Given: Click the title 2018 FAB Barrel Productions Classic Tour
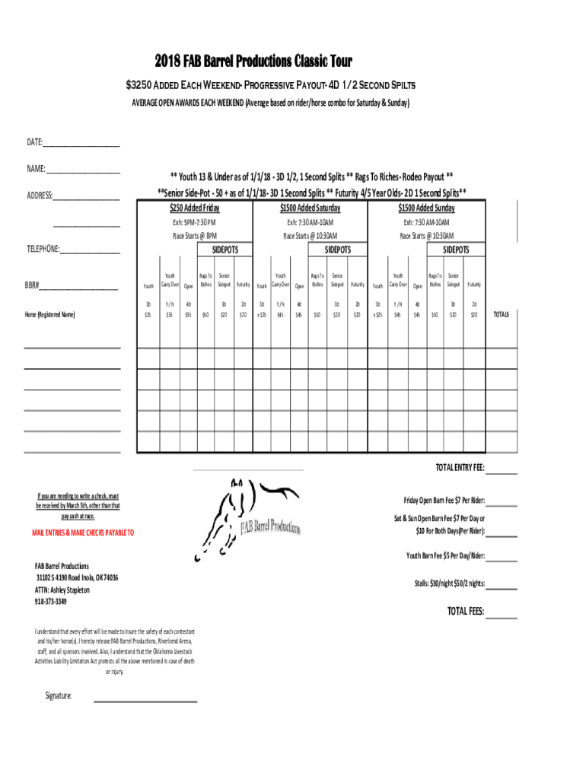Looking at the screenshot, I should (253, 62).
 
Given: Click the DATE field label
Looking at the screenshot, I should (35, 142).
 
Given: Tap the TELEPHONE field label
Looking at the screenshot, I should (43, 250).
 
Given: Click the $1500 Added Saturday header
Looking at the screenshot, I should (310, 208).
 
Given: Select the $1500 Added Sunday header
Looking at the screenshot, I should (426, 208).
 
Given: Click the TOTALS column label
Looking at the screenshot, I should (502, 313).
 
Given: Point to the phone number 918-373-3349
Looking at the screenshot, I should (50, 602).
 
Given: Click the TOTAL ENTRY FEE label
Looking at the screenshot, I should (459, 468).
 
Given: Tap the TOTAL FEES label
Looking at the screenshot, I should (465, 612).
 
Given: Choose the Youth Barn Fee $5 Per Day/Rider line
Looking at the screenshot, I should (445, 556).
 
